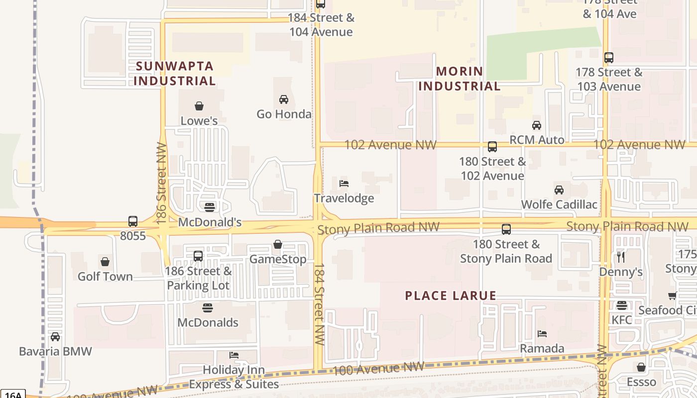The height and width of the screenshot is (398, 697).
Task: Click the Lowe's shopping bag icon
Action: click(199, 106)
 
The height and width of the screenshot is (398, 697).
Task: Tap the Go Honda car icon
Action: click(284, 99)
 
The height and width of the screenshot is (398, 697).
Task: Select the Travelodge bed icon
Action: click(344, 184)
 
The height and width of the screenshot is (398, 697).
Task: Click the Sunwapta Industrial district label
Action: click(175, 73)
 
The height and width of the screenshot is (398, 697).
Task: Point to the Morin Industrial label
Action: click(459, 79)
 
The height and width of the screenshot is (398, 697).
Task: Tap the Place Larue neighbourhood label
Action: click(451, 296)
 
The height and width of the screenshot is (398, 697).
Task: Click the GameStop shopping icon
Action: click(278, 244)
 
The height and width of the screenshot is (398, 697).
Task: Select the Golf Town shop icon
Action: click(105, 262)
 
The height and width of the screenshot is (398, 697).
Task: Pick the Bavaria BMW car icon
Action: click(55, 337)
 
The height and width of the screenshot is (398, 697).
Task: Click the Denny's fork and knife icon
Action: click(621, 257)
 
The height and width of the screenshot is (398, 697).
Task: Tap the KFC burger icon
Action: click(621, 305)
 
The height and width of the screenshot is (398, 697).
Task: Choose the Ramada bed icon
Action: click(542, 334)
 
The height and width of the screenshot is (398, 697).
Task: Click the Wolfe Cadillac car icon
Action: click(559, 190)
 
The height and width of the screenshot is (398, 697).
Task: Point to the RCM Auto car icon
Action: click(537, 125)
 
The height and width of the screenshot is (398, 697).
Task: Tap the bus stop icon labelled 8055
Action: click(133, 221)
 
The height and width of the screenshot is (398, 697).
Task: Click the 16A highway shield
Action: click(11, 395)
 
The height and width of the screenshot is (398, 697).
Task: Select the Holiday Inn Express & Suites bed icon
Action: click(234, 355)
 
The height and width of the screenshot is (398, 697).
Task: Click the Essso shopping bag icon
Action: click(641, 367)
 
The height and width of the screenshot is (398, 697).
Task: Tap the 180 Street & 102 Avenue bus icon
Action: click(492, 147)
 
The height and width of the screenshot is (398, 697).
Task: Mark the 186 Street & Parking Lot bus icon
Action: click(198, 256)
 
